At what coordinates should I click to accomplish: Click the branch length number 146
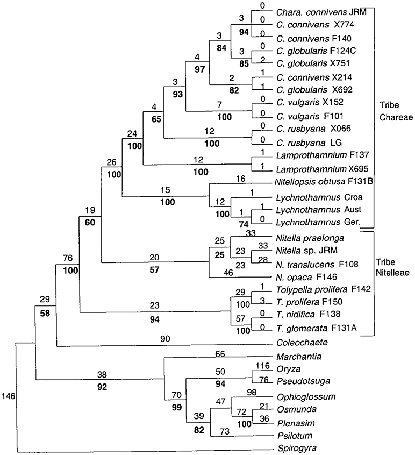pos(9,396)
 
